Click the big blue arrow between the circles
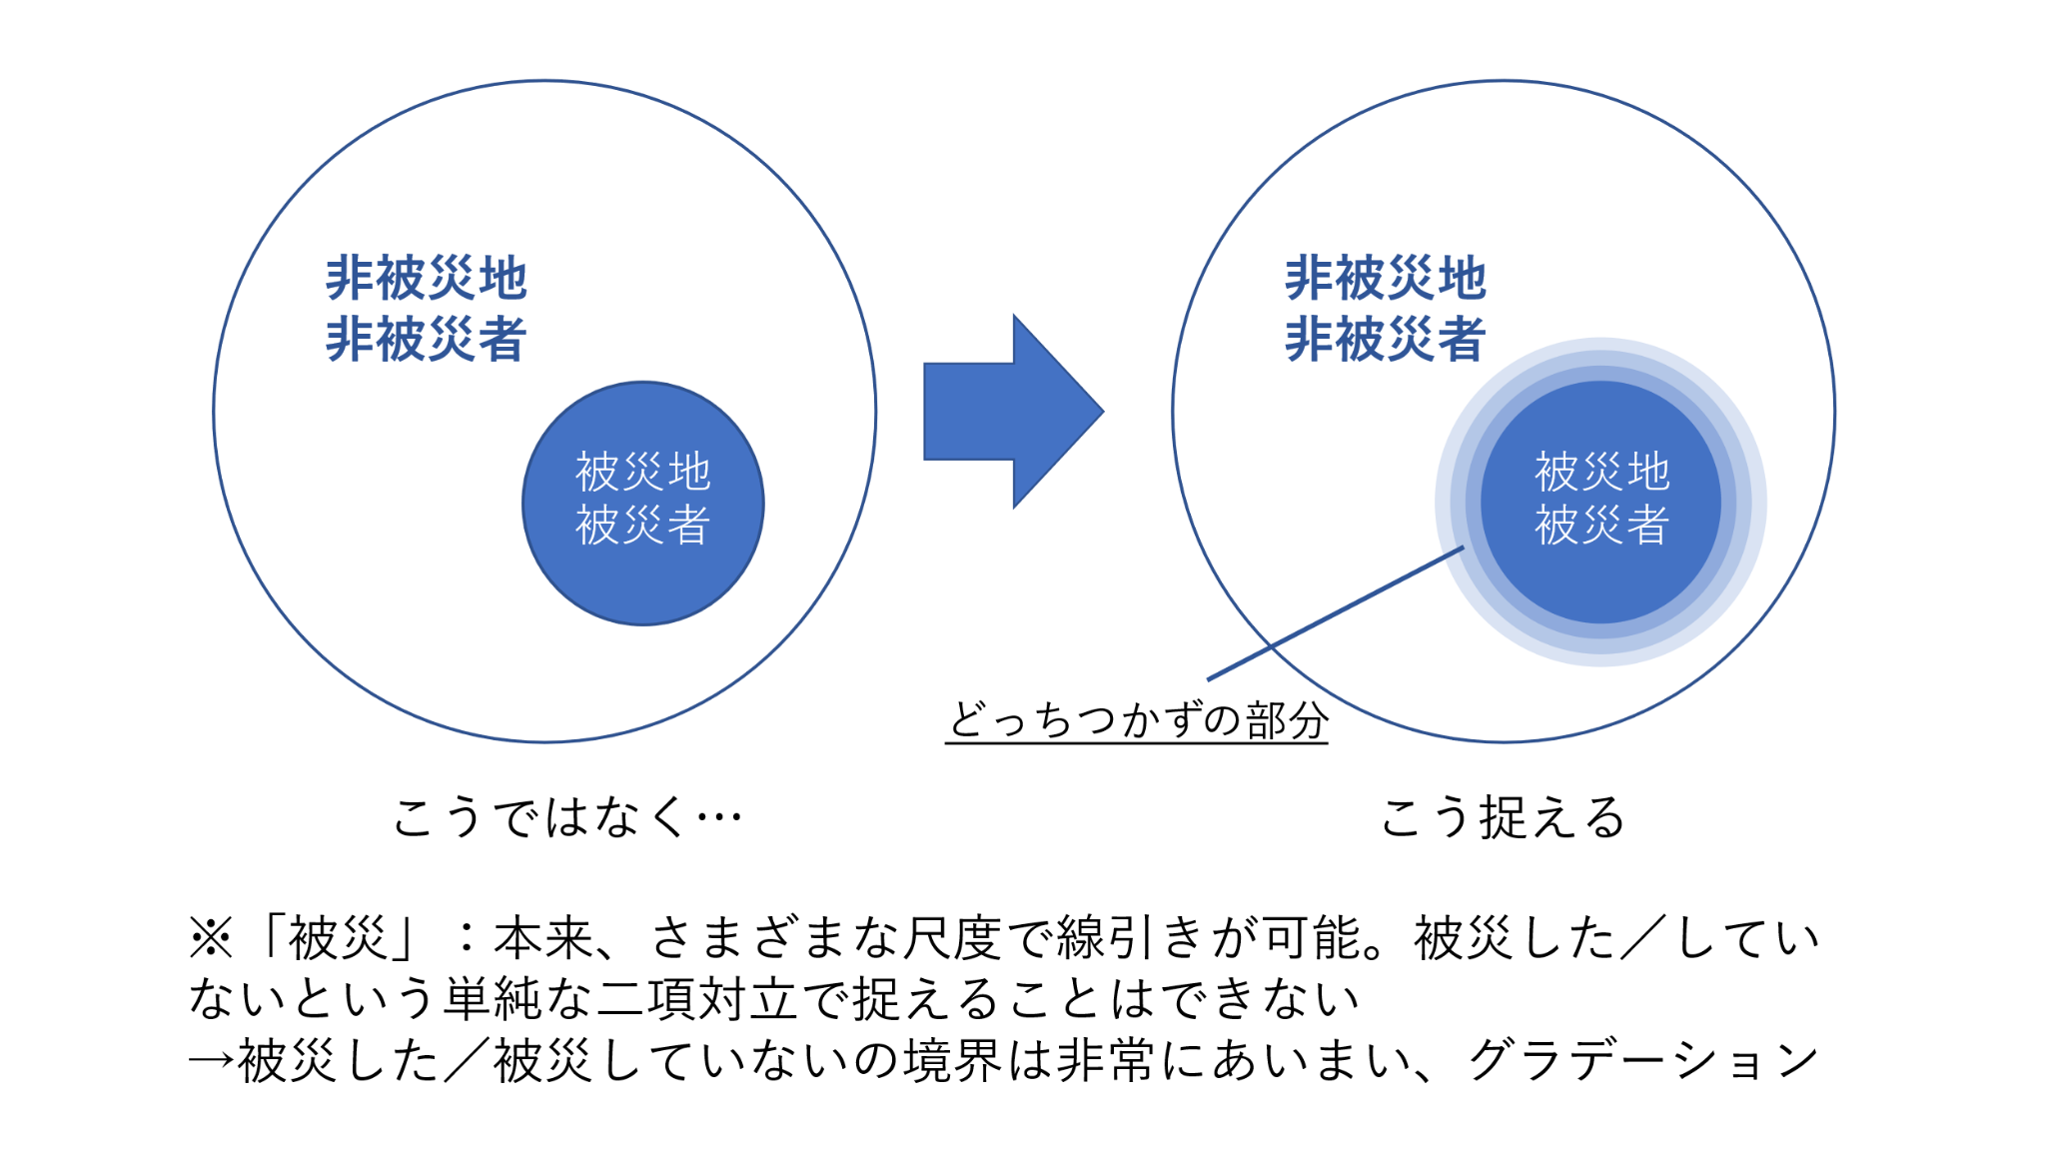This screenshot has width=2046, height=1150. point(1009,412)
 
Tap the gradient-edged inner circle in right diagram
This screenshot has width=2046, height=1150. point(1600,589)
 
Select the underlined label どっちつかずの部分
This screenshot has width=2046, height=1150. point(1137,719)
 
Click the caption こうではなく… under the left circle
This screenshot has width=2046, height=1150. point(566,817)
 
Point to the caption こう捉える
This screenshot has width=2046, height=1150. point(1502,817)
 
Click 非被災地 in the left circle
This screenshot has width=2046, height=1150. point(427,278)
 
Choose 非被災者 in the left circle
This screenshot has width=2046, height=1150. point(427,339)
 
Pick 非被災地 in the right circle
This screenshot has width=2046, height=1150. point(1386,278)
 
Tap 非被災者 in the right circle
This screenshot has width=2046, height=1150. point(1386,339)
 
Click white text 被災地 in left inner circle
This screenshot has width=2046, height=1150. point(643,472)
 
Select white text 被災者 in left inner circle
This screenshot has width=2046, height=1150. point(643,525)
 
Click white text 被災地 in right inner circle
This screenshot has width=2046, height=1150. point(1601,472)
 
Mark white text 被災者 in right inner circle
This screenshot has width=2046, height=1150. point(1601,525)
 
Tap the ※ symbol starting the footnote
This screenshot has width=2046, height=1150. point(211,938)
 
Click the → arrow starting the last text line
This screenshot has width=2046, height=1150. point(211,1061)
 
